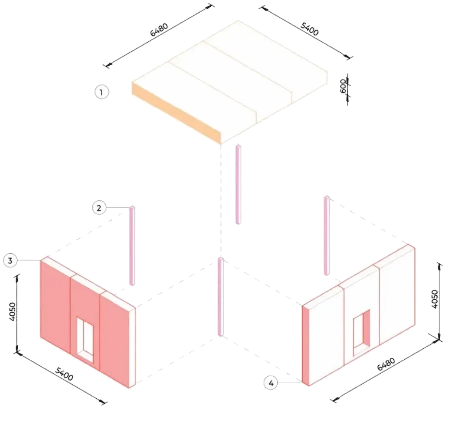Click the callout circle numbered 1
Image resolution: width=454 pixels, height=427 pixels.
(102, 92)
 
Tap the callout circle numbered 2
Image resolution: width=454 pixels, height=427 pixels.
(99, 208)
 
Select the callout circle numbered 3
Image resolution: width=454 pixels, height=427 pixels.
(10, 260)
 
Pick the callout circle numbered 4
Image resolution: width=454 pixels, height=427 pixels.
(271, 383)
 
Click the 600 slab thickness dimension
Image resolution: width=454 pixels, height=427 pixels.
(343, 86)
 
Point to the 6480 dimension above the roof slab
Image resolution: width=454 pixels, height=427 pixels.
(159, 30)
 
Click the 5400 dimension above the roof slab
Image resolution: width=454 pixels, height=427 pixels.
(309, 29)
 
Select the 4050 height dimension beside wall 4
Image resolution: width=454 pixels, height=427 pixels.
(435, 299)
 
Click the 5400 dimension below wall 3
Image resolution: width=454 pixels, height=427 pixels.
(64, 374)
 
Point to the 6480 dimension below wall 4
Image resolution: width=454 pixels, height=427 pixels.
(386, 364)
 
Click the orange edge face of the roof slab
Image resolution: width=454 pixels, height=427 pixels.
(176, 113)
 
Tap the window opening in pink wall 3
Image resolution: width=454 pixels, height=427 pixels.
(85, 339)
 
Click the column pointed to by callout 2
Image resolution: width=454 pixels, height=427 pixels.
(132, 246)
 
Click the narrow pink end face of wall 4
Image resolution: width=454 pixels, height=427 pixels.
(305, 345)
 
